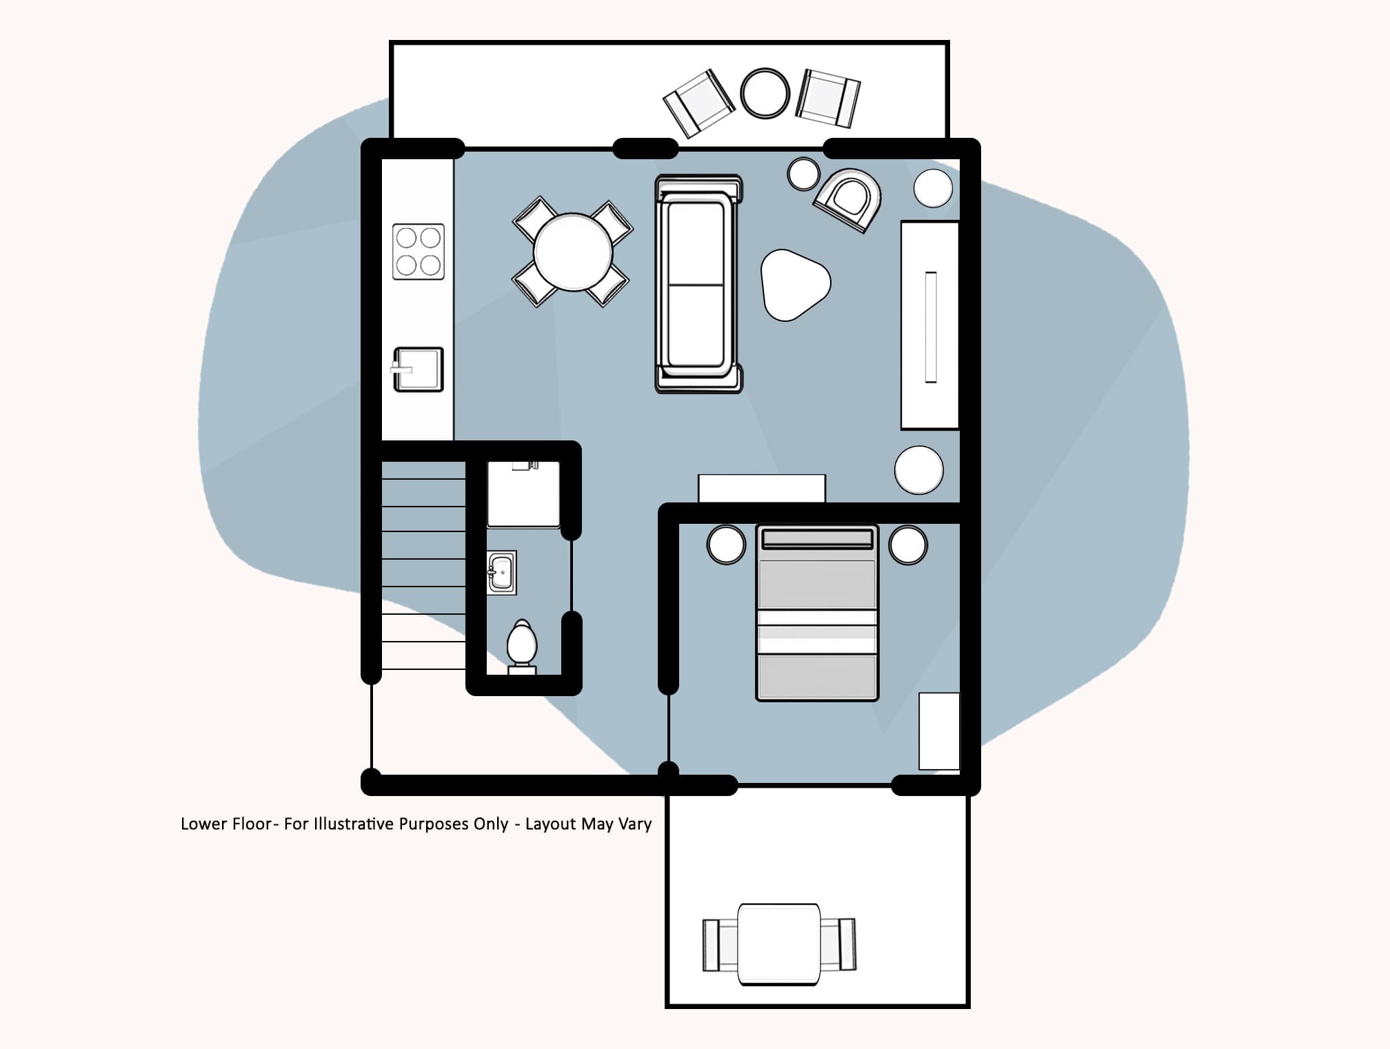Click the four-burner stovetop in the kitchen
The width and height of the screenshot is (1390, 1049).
419,252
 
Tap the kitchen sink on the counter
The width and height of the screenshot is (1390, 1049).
419,369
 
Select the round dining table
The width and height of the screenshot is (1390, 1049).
572,252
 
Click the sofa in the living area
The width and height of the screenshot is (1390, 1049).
698,284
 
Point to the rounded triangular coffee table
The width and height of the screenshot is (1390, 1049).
793,285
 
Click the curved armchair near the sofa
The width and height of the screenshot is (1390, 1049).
849,198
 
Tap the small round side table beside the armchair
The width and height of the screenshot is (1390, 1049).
803,174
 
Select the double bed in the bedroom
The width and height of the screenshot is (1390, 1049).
817,613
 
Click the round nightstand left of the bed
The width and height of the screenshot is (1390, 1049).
726,544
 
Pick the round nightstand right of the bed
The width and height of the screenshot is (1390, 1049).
907,544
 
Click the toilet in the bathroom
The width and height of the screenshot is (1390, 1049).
521,644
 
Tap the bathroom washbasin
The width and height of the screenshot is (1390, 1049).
501,572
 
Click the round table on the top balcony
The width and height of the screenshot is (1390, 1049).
765,93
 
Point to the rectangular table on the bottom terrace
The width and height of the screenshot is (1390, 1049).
779,944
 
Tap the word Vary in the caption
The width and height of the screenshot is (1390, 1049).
635,824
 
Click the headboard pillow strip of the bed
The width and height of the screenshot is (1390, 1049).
817,539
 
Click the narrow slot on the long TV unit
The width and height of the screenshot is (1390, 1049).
930,327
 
